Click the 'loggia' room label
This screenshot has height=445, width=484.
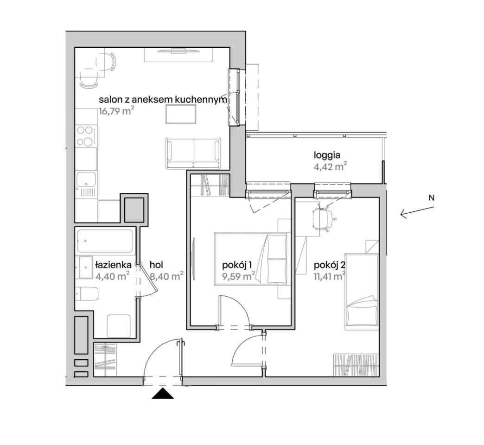(x=327, y=155)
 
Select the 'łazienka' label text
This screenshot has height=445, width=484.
(x=114, y=265)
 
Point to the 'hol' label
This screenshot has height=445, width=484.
(x=156, y=265)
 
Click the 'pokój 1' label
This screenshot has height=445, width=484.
(x=237, y=265)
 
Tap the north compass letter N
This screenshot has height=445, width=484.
(x=432, y=198)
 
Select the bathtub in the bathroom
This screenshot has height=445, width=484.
(x=105, y=241)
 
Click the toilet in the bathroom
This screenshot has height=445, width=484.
(x=87, y=294)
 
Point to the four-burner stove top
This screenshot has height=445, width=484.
(x=85, y=136)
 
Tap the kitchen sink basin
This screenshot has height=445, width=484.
(x=86, y=179)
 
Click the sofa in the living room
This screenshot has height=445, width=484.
(x=193, y=153)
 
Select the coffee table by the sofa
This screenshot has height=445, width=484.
(x=181, y=114)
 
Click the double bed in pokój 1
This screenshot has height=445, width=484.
(x=251, y=259)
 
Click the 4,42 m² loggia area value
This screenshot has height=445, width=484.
(x=329, y=167)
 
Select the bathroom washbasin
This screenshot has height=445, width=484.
(x=84, y=267)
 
